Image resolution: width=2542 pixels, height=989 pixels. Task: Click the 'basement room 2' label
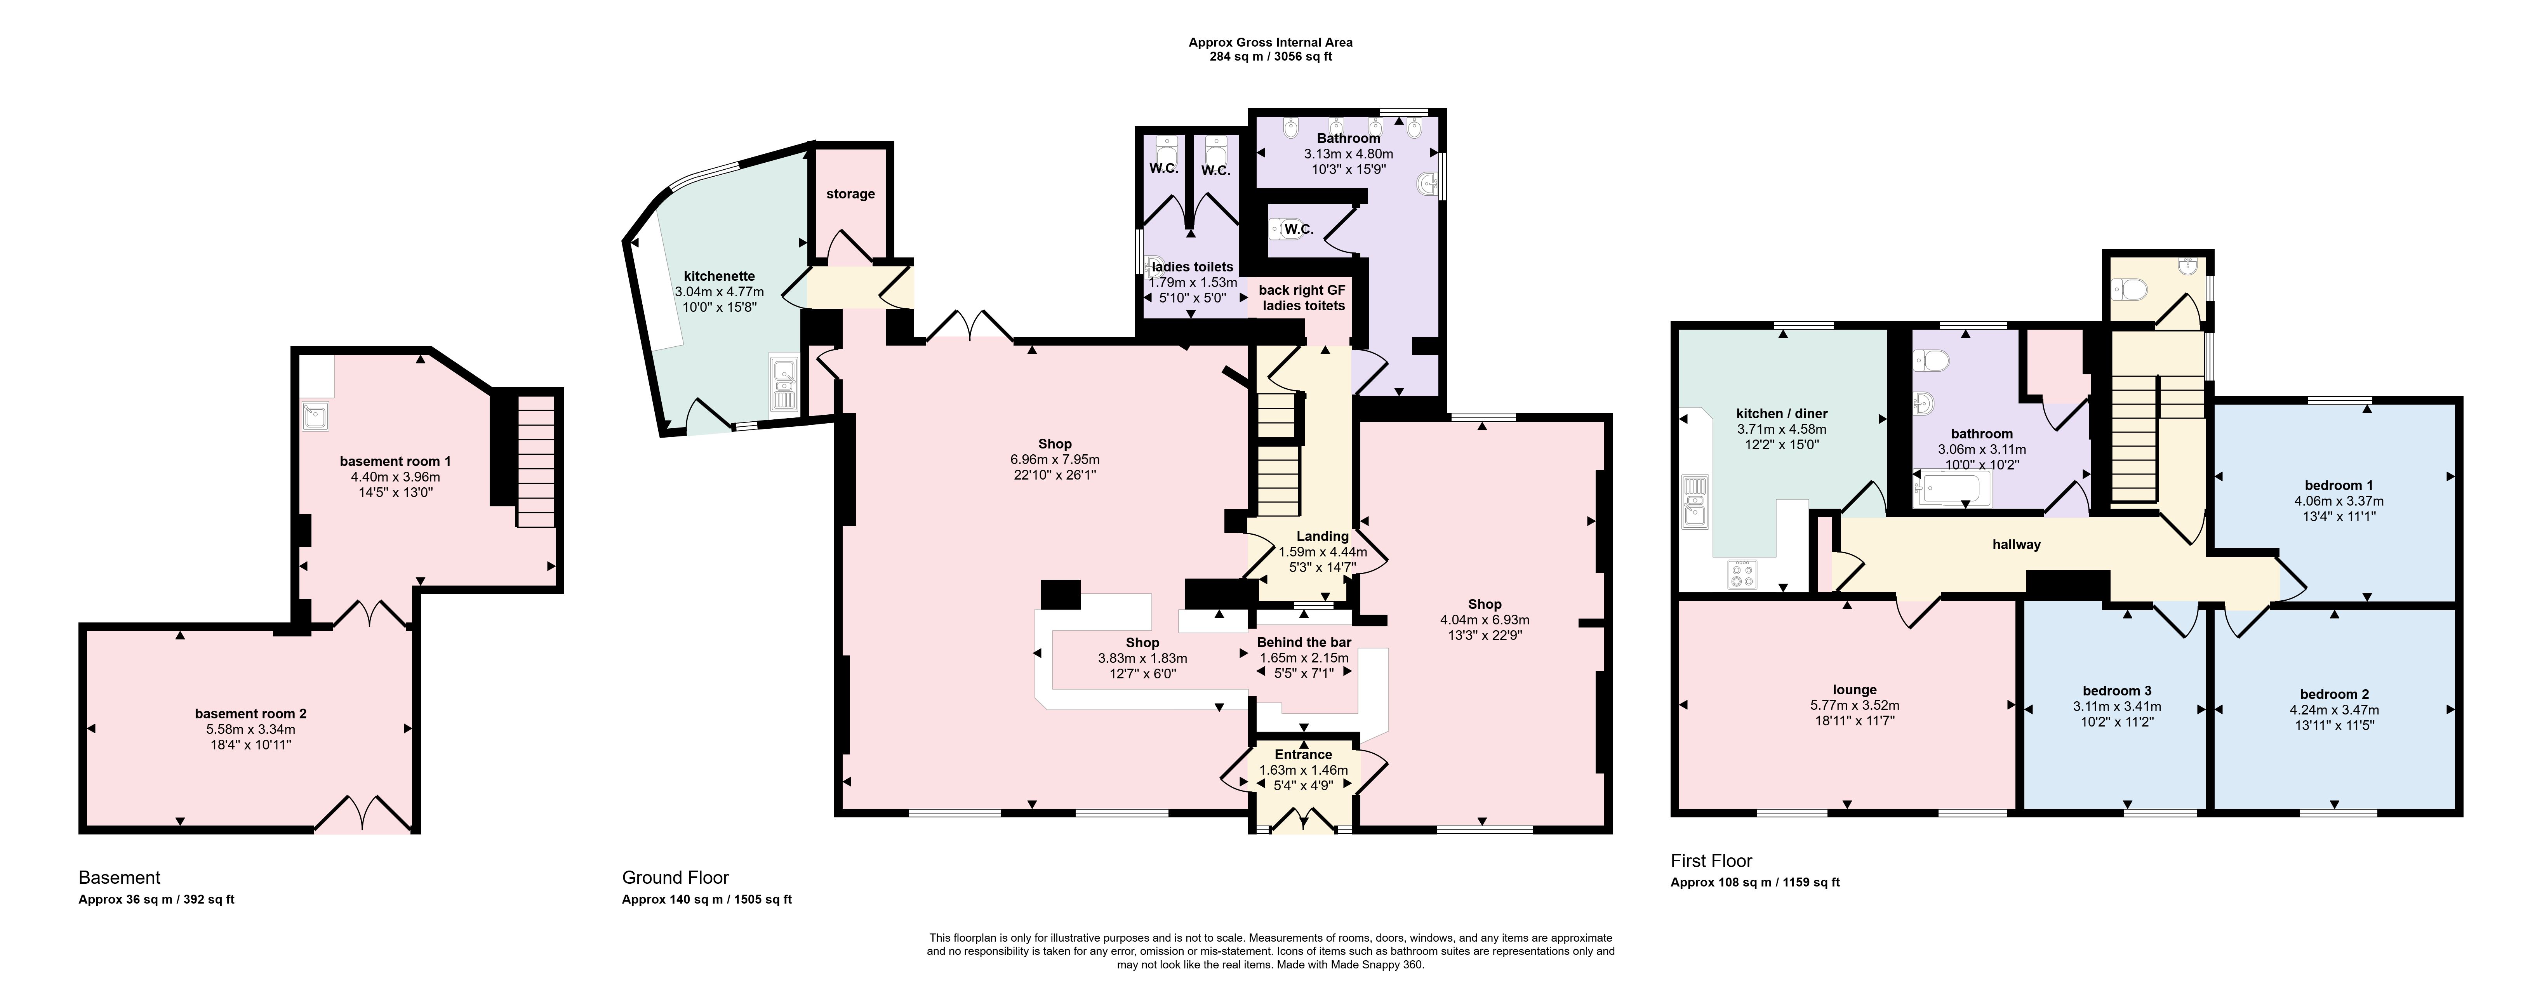[250, 714]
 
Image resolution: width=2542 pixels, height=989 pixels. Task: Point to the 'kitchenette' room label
[719, 276]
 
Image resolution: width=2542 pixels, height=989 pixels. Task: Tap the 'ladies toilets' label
[1192, 266]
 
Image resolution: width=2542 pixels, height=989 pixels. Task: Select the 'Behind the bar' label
[1304, 643]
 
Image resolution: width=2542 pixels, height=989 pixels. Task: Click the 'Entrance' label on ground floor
[1302, 754]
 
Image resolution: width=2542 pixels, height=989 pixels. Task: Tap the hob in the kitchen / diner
[1742, 574]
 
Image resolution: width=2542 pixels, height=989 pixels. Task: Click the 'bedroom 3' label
[2117, 691]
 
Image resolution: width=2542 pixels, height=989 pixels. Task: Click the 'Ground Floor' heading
[675, 878]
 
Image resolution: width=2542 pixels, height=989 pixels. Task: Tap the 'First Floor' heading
[1711, 861]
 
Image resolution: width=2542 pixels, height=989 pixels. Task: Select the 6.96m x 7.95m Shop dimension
[1055, 460]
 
